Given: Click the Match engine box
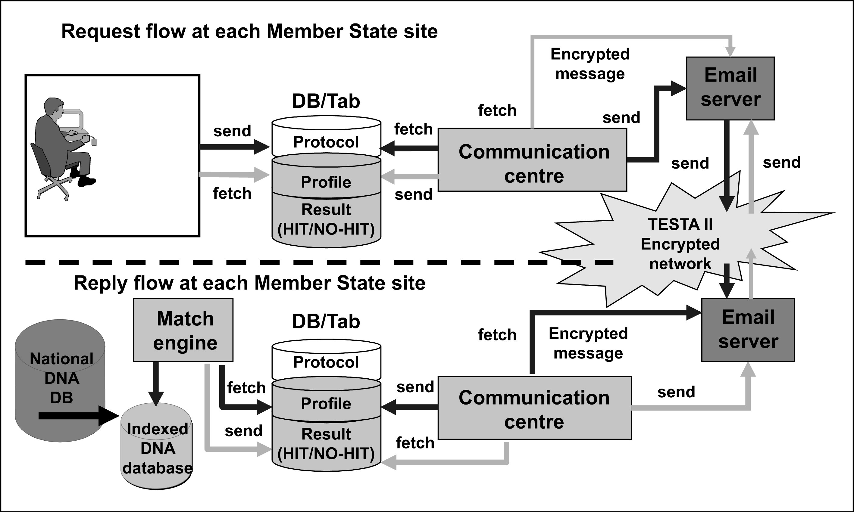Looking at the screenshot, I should (183, 330).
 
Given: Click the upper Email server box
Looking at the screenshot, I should (730, 88).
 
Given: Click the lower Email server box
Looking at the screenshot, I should (748, 330).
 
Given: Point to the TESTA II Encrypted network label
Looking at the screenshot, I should (680, 244).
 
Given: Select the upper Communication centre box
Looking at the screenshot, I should (532, 160).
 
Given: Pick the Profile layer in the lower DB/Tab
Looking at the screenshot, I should (326, 403).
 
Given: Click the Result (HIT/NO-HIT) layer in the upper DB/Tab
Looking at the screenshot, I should (326, 219).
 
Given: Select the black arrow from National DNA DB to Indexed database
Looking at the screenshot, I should (78, 416).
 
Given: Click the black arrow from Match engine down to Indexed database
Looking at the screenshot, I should (156, 383).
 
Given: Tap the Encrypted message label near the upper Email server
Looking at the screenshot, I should (590, 64).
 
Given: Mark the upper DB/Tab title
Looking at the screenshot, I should (326, 101).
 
